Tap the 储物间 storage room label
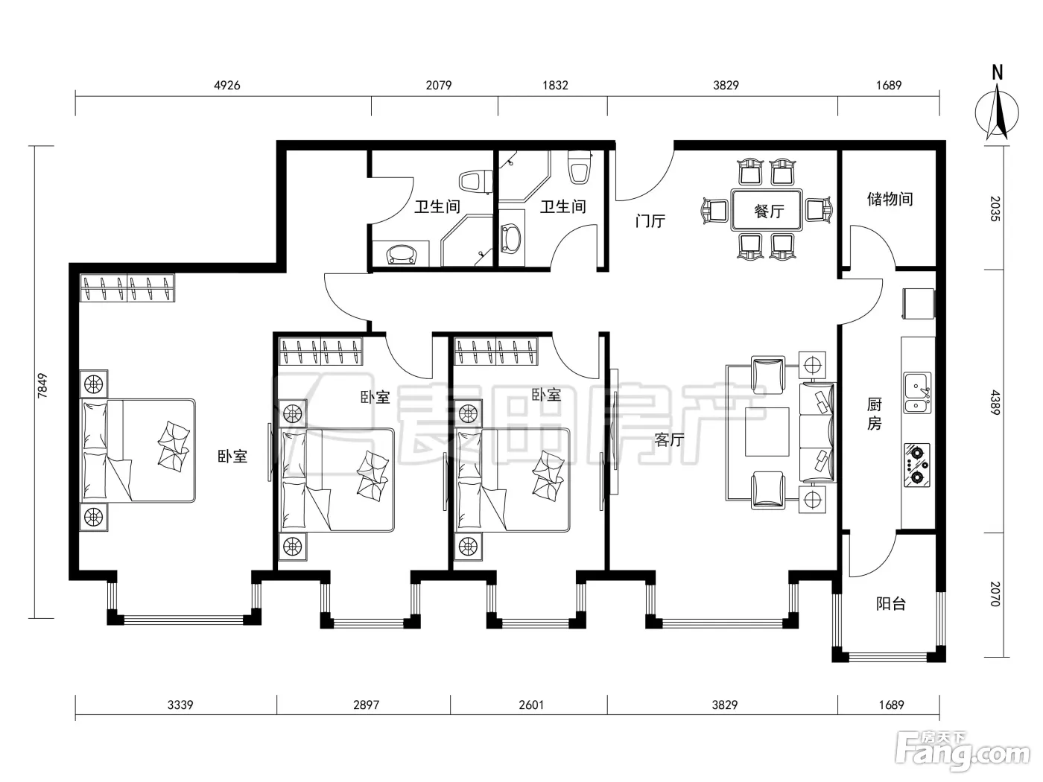[890, 199]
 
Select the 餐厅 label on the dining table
[769, 211]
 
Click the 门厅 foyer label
[650, 220]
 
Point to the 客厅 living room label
[669, 439]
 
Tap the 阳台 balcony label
[891, 603]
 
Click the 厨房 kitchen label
[875, 413]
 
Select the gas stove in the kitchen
[917, 465]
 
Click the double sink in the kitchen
[917, 392]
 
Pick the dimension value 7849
[42, 385]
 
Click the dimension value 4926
[227, 86]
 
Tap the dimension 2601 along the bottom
[531, 705]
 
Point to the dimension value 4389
[995, 402]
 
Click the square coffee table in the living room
[767, 432]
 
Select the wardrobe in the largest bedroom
[127, 287]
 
